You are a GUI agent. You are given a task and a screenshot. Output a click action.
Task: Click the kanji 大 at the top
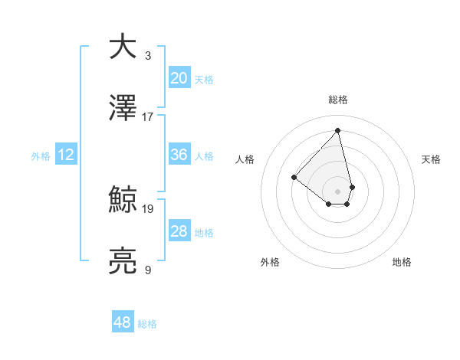click(123, 47)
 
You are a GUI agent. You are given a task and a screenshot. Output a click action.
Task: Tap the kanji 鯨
click(123, 200)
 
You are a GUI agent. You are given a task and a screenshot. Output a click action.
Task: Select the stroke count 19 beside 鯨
click(148, 208)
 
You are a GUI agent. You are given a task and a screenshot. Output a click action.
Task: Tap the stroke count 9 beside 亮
click(148, 270)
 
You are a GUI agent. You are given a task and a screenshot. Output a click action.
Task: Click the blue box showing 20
click(179, 77)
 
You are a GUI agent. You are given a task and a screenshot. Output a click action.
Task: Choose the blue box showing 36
click(179, 155)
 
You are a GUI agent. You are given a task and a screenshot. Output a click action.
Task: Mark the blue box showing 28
click(179, 231)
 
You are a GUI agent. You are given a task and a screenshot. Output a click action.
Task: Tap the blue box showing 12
click(66, 155)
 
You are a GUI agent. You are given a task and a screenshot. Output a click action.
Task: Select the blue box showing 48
click(123, 322)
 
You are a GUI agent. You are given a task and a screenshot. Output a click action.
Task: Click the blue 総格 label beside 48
click(147, 324)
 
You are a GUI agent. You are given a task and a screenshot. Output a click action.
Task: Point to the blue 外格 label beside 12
click(41, 156)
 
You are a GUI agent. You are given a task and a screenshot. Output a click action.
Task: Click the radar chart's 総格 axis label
click(338, 100)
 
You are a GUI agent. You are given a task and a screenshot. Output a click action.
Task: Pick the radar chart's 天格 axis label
click(431, 159)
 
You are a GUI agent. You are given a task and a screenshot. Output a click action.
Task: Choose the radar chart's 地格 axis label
click(402, 262)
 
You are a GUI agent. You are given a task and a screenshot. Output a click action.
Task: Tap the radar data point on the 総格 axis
click(338, 130)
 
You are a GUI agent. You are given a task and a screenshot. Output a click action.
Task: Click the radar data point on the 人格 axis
click(294, 178)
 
